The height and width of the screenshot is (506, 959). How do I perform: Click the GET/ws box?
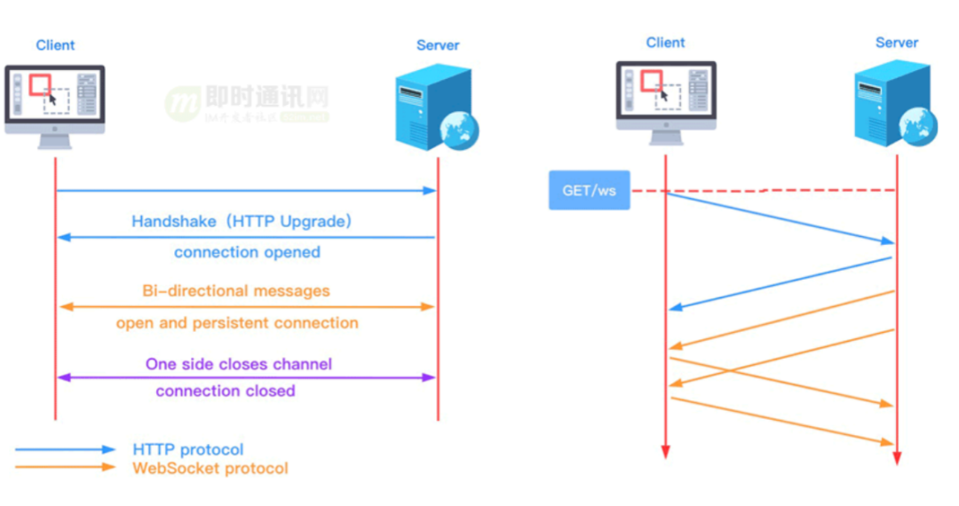(589, 190)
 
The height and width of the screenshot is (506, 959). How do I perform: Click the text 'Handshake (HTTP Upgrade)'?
(242, 222)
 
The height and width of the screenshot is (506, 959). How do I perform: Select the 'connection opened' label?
(247, 252)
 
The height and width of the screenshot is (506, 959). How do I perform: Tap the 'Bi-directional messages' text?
(236, 291)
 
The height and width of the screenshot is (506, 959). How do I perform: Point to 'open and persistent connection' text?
(237, 323)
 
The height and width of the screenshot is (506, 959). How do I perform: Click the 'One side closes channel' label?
(239, 364)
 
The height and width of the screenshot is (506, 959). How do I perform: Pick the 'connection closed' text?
(226, 391)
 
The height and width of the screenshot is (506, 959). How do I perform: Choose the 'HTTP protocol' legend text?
(188, 450)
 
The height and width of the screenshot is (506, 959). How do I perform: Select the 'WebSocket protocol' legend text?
(210, 468)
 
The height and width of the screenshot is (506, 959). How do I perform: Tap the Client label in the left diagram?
(55, 45)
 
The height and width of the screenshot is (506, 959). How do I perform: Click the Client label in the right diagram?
(665, 43)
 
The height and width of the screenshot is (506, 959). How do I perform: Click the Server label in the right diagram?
(896, 43)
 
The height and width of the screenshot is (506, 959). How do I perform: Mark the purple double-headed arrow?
(247, 377)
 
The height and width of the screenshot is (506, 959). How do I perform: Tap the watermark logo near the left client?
(182, 104)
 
